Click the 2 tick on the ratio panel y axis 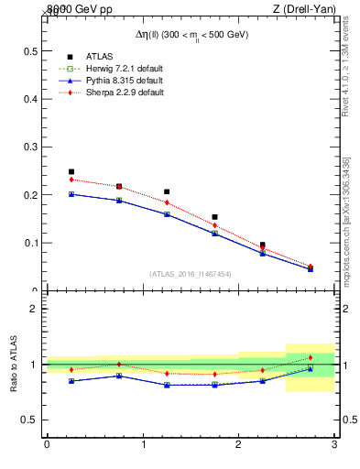(33, 309)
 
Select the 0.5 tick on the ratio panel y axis (29, 420)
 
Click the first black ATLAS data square (71, 171)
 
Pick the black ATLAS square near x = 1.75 (214, 217)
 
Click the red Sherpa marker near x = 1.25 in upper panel (167, 202)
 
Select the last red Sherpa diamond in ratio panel (311, 357)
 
